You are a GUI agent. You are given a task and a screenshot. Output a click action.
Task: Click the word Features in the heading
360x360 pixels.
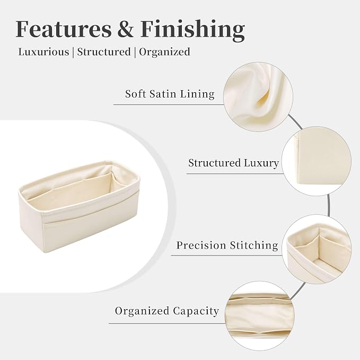64,29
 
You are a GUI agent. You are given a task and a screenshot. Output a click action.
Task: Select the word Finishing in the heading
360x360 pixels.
192,31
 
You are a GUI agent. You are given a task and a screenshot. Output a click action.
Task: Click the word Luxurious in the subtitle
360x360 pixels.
43,51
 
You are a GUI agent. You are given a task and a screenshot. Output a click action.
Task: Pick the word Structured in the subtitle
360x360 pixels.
104,51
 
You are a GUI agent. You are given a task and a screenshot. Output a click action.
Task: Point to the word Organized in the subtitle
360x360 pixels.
164,52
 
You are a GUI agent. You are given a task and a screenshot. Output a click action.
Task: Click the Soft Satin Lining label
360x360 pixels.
170,94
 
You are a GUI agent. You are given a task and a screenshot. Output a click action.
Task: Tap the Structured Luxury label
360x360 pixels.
233,163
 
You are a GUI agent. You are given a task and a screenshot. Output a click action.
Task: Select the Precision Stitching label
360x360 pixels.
227,245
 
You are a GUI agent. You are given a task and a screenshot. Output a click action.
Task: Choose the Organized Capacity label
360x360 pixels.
167,311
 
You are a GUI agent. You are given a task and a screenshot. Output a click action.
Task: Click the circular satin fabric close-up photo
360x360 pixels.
258,97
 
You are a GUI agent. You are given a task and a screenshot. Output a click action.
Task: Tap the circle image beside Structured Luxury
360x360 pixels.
317,161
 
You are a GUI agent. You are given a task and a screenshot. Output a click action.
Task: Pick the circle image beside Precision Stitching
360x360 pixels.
317,249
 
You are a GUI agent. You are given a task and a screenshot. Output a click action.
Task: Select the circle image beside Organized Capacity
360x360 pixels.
260,316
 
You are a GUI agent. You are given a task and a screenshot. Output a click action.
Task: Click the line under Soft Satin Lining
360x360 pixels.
169,104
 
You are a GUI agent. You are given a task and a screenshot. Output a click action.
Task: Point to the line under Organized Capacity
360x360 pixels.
167,323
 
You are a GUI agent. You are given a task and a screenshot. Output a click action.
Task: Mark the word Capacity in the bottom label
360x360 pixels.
196,312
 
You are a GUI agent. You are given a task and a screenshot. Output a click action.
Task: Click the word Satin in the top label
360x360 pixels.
163,94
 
